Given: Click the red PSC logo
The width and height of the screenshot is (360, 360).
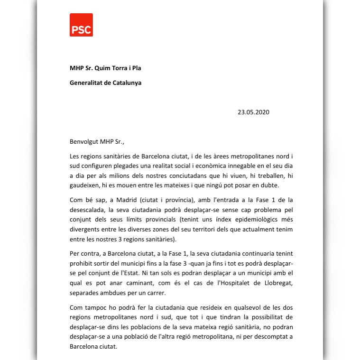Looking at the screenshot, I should coord(81,25).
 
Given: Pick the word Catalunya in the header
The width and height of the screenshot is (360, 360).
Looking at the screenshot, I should coord(127,83).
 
